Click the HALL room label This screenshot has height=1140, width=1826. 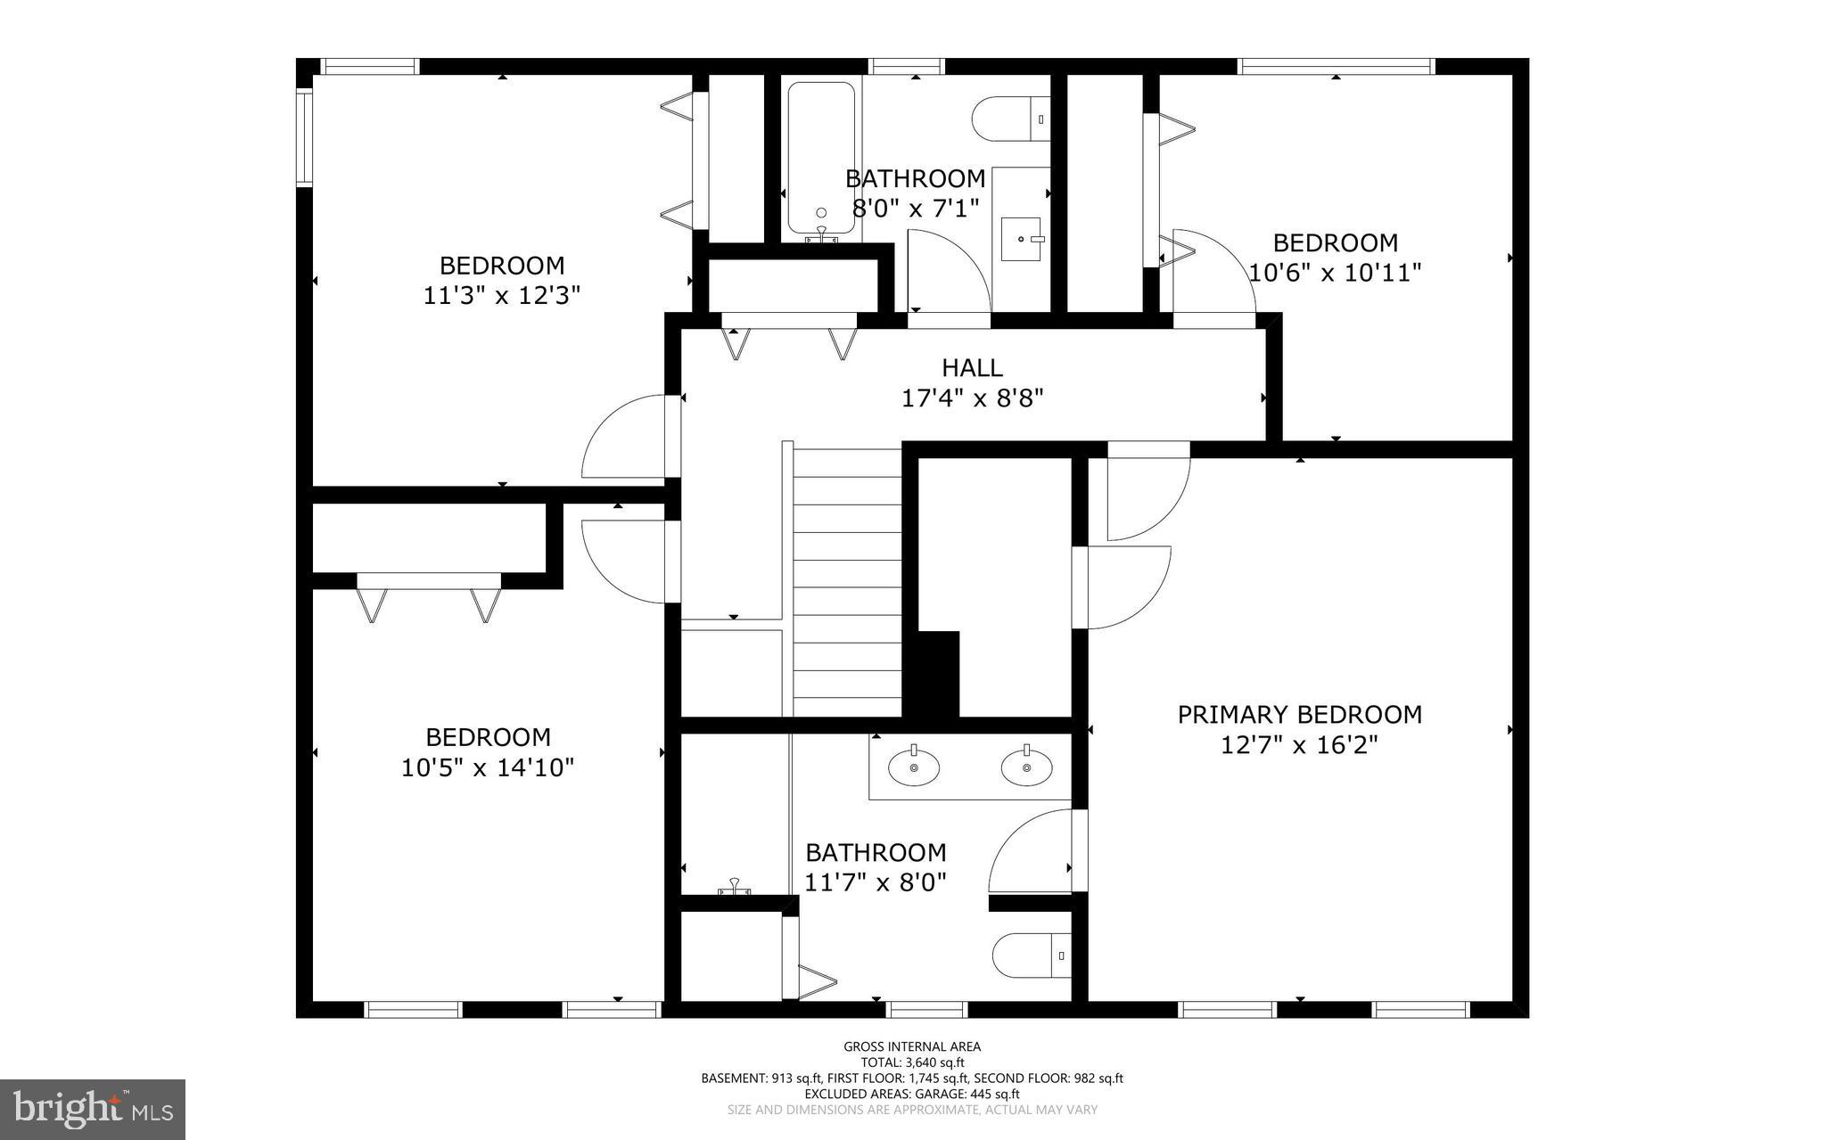click(x=972, y=367)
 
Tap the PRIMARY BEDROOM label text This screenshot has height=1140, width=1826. click(x=1299, y=715)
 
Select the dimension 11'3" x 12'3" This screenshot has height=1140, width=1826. click(x=501, y=295)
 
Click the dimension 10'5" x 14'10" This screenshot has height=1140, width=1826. click(x=487, y=767)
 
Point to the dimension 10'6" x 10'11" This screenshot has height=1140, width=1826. click(x=1335, y=273)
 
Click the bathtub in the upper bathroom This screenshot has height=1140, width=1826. click(x=821, y=159)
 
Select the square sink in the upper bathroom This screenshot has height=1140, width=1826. click(x=1021, y=239)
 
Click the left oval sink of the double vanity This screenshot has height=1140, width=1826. click(x=914, y=767)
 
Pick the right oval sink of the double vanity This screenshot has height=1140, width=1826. click(x=1026, y=767)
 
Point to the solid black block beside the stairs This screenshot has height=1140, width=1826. click(x=933, y=673)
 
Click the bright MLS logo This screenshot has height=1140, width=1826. click(x=93, y=1110)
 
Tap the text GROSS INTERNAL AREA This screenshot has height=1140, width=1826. click(x=912, y=1047)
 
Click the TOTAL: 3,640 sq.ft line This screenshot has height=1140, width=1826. click(x=912, y=1062)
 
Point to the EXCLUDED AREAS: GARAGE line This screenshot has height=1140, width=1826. click(x=912, y=1094)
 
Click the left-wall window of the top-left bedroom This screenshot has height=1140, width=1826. click(x=304, y=137)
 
